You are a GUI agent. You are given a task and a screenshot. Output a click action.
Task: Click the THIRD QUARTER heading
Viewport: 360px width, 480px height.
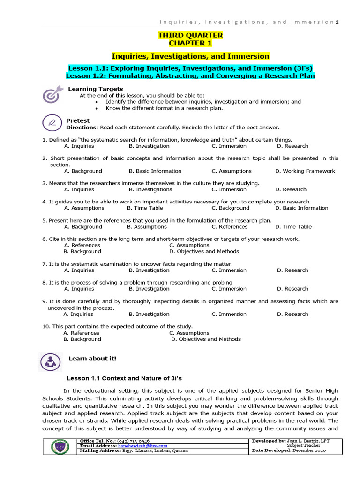coord(190,36)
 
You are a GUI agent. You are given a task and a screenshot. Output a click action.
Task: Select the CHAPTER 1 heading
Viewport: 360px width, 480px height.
coord(190,44)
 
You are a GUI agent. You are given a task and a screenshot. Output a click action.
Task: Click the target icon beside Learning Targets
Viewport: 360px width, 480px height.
coord(52,94)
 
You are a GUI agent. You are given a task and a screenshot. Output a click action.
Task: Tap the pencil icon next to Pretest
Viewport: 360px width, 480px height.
coord(52,123)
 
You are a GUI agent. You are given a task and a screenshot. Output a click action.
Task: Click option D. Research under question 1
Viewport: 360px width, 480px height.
coord(292,146)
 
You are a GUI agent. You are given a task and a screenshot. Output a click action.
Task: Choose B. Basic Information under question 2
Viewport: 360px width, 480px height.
coord(155,171)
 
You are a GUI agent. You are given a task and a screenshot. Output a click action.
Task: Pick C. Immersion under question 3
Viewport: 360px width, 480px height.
coord(229,189)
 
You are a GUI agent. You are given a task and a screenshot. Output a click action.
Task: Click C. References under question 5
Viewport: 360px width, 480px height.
coord(229,226)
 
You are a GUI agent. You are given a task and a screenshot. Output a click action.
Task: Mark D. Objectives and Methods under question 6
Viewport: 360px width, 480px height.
coord(204,251)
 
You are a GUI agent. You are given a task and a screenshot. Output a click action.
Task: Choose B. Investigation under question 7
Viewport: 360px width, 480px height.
coord(149,270)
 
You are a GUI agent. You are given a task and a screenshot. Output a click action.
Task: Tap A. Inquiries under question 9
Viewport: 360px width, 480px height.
coord(79,314)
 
